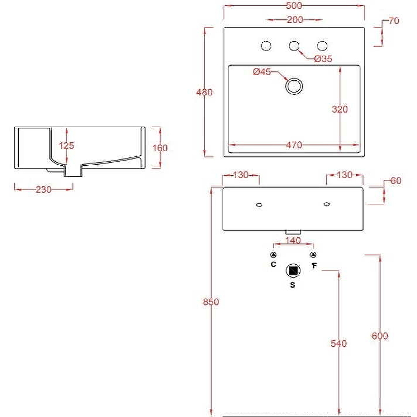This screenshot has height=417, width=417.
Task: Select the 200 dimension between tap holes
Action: coord(295,20)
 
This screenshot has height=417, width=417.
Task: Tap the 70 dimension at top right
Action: coord(394,21)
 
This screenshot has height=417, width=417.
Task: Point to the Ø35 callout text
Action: coord(323,59)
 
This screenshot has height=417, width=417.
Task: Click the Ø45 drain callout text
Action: coord(262,72)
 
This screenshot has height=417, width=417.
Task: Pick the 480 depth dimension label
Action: coord(204,93)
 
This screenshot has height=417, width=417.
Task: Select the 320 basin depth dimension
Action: coord(339,109)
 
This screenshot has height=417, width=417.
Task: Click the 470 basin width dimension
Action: coord(294,145)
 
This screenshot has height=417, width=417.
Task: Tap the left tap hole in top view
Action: coord(266,46)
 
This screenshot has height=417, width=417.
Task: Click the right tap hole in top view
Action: coord(322,46)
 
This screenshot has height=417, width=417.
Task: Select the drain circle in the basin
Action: coord(294,85)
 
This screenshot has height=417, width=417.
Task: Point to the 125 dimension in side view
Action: coord(66,146)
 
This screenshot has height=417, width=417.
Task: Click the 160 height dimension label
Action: coord(160,148)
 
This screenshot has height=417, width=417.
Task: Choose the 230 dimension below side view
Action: coord(43,189)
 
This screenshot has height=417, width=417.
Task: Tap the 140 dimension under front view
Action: coord(293,241)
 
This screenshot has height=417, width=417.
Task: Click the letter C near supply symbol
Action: coord(273,265)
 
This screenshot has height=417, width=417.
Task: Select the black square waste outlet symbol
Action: coord(293,271)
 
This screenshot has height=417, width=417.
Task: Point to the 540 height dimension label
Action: coord(339,344)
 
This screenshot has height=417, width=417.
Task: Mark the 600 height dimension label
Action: coord(379,336)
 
